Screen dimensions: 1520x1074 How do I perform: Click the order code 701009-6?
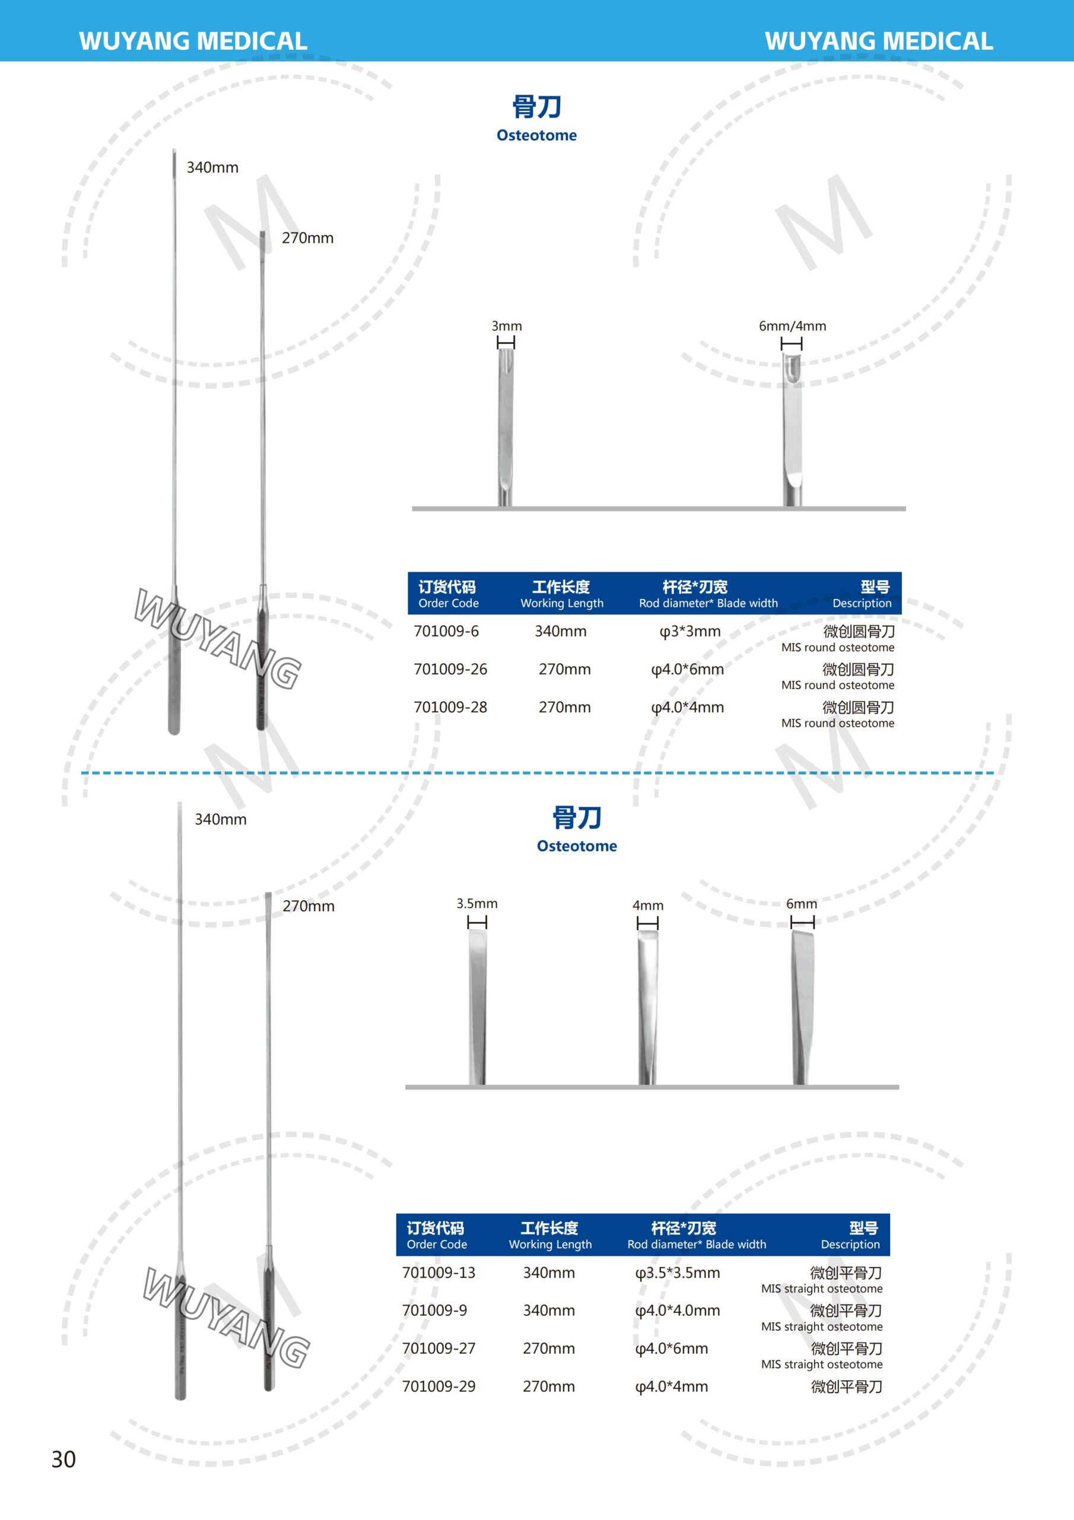click(446, 631)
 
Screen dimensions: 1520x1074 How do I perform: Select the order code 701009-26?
click(450, 669)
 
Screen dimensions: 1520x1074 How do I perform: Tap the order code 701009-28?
click(450, 707)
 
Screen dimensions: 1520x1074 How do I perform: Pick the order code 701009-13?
click(439, 1272)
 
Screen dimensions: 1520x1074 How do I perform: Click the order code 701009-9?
click(434, 1310)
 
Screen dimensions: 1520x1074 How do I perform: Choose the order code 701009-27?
click(439, 1348)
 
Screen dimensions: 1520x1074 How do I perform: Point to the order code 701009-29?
click(439, 1386)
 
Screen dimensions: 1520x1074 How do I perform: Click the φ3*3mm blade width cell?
click(690, 631)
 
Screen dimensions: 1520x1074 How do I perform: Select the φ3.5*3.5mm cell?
click(677, 1272)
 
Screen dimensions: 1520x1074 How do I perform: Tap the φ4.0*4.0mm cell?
click(677, 1310)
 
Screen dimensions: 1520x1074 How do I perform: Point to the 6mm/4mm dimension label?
click(792, 326)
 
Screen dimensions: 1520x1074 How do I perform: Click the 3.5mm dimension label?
click(476, 904)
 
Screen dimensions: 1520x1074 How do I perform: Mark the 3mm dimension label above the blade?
click(506, 326)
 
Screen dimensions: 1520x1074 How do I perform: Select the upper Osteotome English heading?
click(536, 135)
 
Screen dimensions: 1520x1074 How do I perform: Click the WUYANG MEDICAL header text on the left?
click(193, 41)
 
